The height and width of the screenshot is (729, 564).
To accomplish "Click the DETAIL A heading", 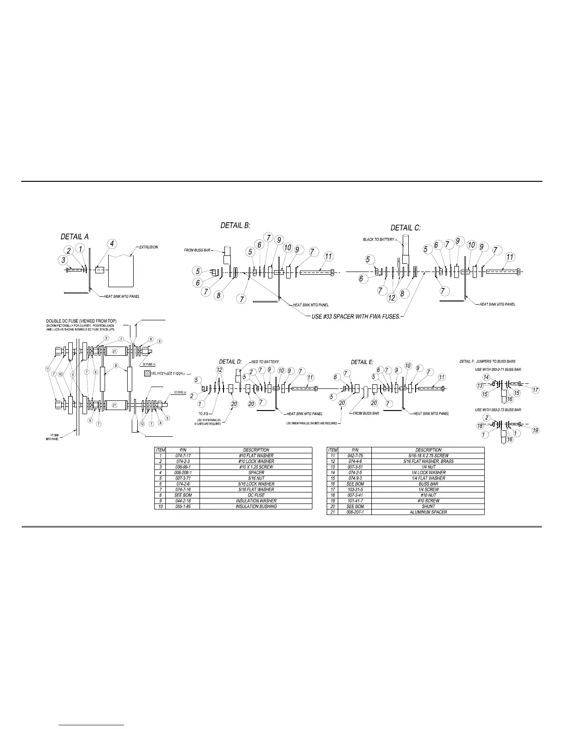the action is point(75,237).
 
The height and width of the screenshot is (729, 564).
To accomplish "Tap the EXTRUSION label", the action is point(148,247).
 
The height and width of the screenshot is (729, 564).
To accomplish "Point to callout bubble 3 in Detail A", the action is point(64,260).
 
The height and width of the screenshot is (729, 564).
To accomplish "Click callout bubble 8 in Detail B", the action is point(219,295).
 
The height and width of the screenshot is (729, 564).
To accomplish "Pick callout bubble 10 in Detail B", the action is point(288,248).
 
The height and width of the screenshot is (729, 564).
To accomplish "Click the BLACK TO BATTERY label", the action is point(378,239).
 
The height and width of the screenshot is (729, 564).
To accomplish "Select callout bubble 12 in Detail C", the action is point(392,298).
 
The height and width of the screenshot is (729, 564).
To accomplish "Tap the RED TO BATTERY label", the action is point(265,362).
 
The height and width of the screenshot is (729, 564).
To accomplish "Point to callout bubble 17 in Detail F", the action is point(535,390).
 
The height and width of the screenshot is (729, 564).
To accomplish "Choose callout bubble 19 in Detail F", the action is point(535,430).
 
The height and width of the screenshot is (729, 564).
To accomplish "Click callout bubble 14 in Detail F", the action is point(486,377).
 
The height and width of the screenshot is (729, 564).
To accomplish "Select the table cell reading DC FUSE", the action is point(256,495).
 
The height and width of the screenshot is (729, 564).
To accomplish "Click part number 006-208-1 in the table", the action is point(176,473).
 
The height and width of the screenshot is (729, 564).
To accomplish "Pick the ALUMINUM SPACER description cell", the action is point(428,512).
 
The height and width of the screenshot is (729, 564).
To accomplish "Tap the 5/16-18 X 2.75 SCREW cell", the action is point(428,456).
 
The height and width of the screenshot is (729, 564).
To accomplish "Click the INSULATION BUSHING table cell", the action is point(256,506).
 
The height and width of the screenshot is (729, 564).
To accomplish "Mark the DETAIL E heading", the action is point(362,362).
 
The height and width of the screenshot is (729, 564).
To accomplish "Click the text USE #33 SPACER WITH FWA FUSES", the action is point(357,317).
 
